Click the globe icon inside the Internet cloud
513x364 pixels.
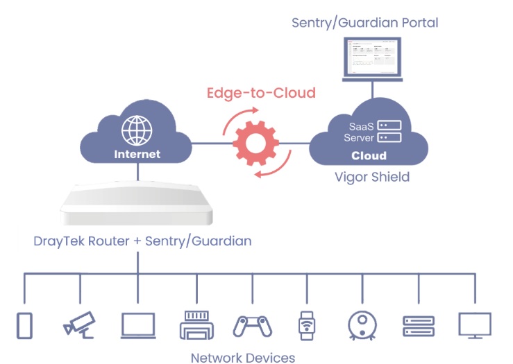[136, 130]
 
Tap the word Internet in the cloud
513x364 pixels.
[137, 154]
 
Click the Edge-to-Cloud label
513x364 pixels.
[261, 92]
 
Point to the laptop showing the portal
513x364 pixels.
[372, 58]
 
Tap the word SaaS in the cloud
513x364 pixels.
[360, 125]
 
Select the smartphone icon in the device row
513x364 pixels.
[25, 325]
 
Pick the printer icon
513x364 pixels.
[196, 324]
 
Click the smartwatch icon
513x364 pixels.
[305, 324]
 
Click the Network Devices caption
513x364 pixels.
[242, 357]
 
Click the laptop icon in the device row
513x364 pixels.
[137, 325]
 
